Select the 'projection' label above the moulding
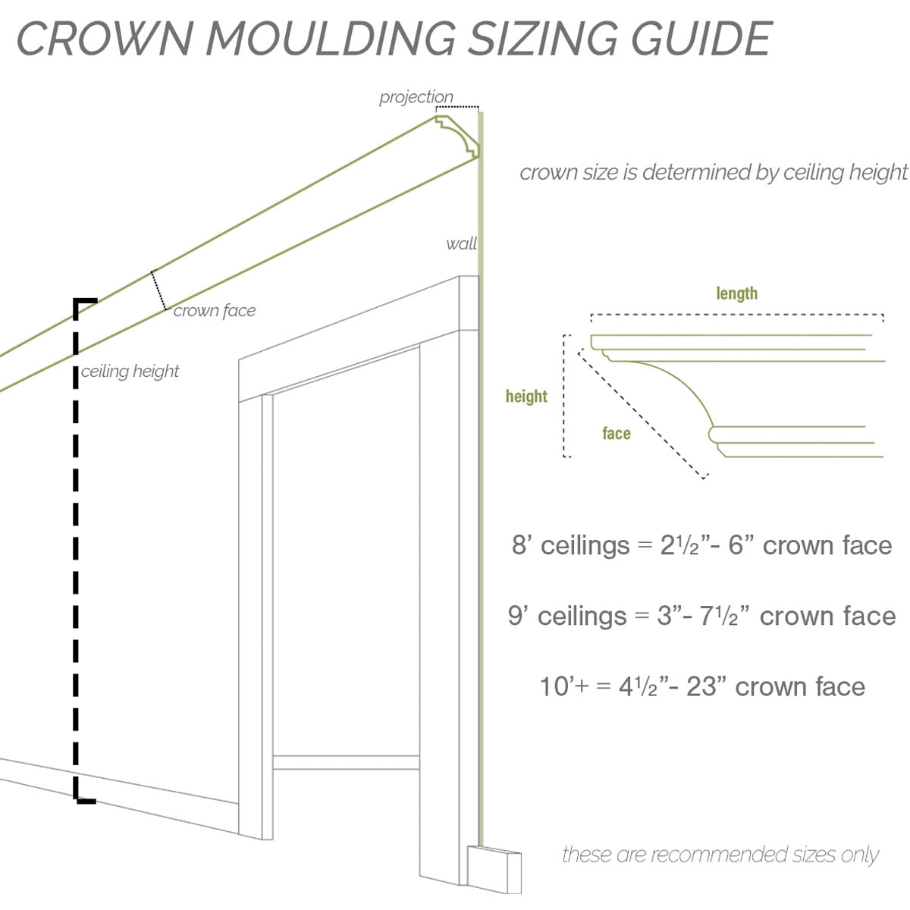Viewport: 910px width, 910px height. click(416, 97)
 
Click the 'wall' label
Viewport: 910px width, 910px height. click(461, 243)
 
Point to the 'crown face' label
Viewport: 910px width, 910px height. click(215, 310)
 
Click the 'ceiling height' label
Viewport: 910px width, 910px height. click(130, 371)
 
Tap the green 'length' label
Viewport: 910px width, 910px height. click(736, 293)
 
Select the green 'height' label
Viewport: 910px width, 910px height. click(526, 396)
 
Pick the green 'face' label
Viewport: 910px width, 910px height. click(616, 433)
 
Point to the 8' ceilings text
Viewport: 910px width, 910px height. click(570, 545)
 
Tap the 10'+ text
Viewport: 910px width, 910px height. click(564, 686)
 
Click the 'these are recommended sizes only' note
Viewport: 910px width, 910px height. click(720, 855)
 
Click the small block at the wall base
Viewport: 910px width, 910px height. click(494, 870)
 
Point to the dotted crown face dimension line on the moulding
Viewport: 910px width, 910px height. click(158, 290)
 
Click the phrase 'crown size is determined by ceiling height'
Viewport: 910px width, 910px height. click(713, 172)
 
